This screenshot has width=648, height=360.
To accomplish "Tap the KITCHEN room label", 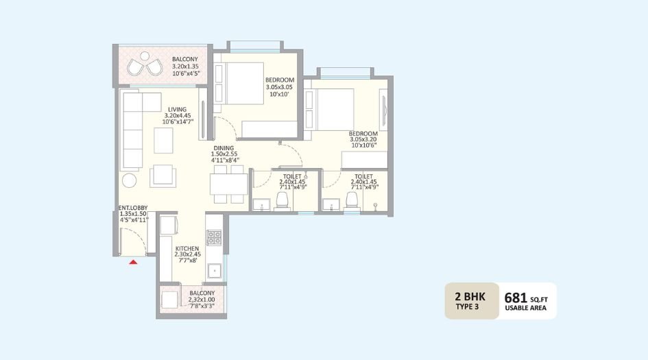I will (187, 248).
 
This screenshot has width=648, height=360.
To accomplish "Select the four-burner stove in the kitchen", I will (215, 237).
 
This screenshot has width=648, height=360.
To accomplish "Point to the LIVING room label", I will (178, 108).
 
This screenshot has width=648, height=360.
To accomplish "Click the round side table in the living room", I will (130, 181).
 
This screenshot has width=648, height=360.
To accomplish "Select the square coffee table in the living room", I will (164, 140).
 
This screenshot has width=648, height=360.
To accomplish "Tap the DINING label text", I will (224, 148).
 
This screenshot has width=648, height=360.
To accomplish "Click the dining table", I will (228, 184).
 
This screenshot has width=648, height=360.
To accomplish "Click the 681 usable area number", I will (515, 298).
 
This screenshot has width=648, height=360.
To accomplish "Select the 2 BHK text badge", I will (470, 296).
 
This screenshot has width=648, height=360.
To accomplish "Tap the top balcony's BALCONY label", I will (186, 60).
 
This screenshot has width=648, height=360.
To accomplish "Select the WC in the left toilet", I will (281, 200).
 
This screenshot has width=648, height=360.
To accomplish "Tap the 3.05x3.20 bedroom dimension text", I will (363, 139).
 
